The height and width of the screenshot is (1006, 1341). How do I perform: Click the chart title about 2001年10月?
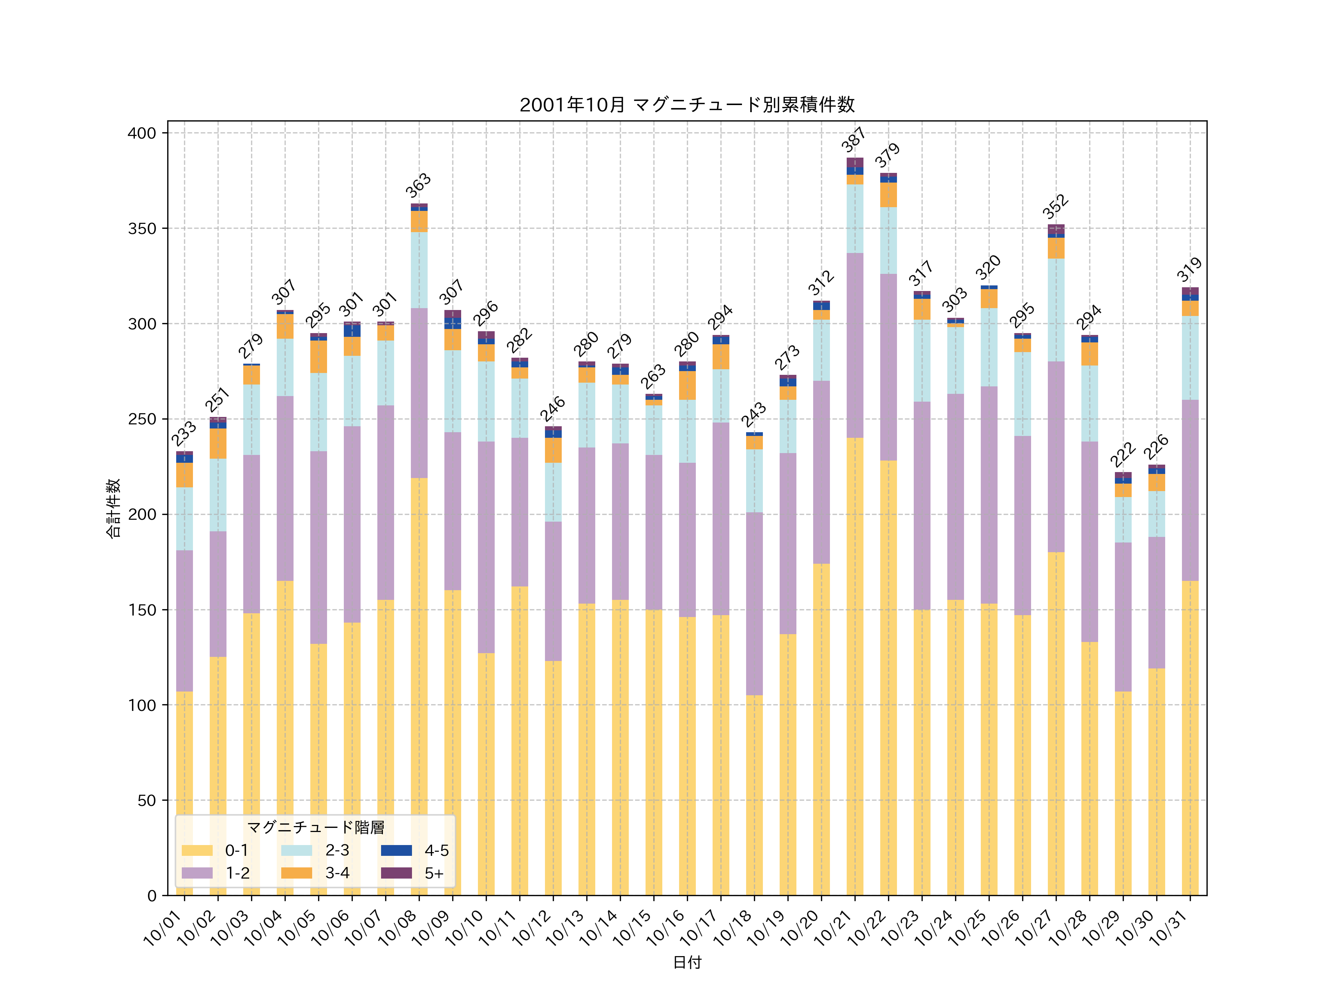tap(687, 105)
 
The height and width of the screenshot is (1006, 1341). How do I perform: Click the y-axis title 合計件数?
tap(113, 508)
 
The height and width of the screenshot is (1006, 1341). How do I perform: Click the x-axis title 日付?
tap(687, 962)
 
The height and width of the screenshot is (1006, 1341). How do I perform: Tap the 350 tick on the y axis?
tap(142, 229)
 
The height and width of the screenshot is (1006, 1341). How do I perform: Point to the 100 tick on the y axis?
tap(142, 705)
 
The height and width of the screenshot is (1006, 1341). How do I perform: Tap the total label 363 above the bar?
tap(418, 186)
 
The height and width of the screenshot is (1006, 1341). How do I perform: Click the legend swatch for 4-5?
tap(396, 850)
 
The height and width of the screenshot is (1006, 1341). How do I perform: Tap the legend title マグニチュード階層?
tap(315, 827)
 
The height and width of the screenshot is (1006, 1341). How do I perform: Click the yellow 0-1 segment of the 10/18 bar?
tap(754, 794)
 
